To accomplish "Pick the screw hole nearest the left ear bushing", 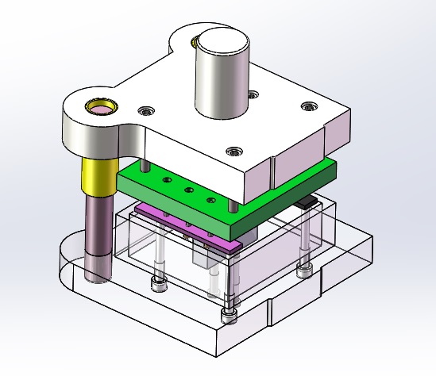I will point(144,109).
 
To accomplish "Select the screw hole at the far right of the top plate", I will point(308,105).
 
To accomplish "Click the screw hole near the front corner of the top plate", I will point(233,150).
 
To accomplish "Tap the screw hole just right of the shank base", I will point(253,95).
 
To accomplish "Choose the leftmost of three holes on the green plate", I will point(167,182).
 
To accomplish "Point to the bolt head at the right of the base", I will point(303,271).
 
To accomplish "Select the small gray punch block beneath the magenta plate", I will point(205,258).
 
